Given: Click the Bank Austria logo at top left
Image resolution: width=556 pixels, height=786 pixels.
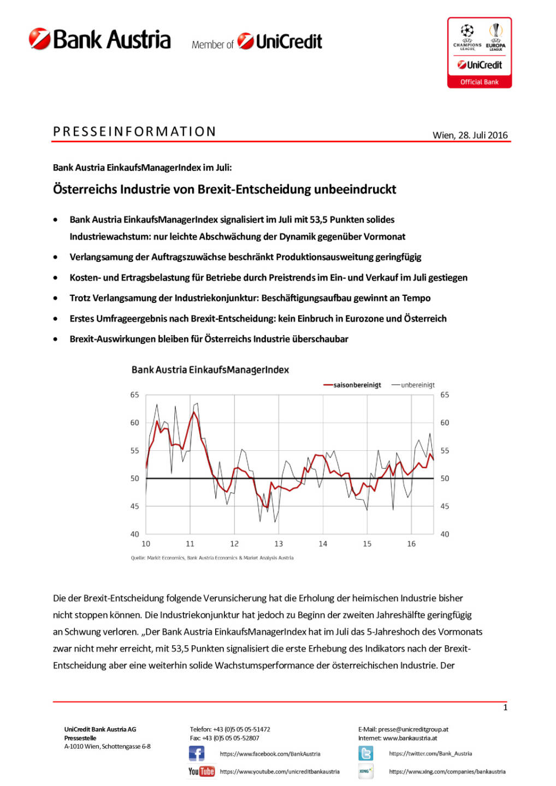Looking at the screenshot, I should click(100, 40).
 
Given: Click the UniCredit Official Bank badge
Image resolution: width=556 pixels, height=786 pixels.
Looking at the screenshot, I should click(480, 53).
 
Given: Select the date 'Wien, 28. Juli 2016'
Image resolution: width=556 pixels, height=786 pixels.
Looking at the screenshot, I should click(470, 135).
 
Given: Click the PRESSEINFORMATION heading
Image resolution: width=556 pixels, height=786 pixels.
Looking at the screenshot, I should click(135, 132).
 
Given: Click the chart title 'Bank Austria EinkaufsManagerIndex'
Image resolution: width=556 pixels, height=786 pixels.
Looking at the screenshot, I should click(210, 370).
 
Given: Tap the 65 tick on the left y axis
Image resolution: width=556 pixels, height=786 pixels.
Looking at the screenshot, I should click(134, 395).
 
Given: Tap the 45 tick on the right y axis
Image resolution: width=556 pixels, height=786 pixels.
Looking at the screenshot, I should click(445, 506).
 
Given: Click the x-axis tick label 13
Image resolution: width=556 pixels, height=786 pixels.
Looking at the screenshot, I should click(279, 544).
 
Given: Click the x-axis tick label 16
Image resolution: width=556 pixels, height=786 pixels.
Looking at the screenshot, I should click(411, 544).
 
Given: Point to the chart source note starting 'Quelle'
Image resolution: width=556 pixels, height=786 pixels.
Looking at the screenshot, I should click(212, 558).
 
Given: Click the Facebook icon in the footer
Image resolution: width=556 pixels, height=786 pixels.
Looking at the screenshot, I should click(197, 754).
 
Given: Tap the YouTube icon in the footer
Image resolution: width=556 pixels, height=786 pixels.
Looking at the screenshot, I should click(202, 771).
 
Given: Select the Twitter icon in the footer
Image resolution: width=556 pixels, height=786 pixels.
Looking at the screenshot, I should click(366, 754).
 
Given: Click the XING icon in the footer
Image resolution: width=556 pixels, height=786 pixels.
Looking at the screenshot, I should click(366, 771).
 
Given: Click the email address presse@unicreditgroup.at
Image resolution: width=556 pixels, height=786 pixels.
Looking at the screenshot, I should click(413, 729).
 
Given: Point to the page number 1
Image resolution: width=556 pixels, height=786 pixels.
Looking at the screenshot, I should click(505, 707).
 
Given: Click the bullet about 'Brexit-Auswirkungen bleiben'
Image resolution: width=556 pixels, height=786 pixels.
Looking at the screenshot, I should click(209, 339).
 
